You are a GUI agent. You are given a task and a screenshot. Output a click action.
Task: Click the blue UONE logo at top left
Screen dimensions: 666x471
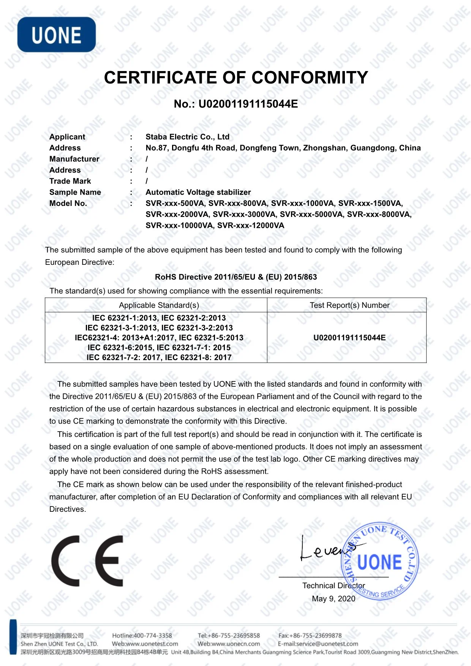tap(57, 35)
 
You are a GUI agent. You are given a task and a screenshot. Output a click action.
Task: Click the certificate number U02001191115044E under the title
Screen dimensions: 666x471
tap(248, 104)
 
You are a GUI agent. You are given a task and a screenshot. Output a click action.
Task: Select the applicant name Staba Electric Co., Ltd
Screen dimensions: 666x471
tap(187, 137)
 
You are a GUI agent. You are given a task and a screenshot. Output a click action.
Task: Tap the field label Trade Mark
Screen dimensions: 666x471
tap(70, 181)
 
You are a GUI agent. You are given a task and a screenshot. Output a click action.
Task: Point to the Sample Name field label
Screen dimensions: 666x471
tap(75, 192)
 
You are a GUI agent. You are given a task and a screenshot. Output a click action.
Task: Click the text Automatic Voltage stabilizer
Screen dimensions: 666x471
tap(198, 192)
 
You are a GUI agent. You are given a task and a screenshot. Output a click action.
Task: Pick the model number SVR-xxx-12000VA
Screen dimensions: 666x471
tap(251, 225)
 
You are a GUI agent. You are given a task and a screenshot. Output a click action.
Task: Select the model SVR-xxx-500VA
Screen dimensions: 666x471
tap(175, 203)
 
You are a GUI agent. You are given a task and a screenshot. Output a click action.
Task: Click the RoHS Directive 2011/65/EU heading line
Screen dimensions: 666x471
tap(235, 277)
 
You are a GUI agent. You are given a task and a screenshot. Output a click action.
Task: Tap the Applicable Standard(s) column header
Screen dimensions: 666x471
tap(159, 305)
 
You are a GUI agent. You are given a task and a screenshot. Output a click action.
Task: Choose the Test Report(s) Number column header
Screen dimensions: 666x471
tap(349, 305)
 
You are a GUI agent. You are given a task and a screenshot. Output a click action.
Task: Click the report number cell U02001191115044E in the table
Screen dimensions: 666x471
tap(349, 338)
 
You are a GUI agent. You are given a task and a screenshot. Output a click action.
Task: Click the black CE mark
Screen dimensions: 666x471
tap(87, 561)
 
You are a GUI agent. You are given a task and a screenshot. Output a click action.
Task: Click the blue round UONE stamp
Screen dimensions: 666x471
tap(380, 562)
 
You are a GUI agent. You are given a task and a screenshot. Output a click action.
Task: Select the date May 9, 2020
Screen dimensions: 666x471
tap(333, 599)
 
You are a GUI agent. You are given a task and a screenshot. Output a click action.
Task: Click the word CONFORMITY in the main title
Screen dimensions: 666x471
tap(310, 78)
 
